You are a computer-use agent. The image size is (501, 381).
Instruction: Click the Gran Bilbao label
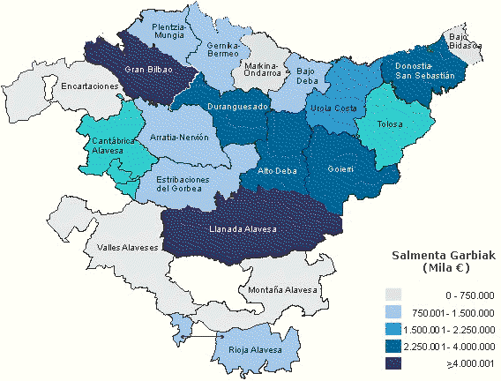coord(147,71)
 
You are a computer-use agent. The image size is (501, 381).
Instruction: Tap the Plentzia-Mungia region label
coord(168,32)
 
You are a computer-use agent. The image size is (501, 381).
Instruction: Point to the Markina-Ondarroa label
coord(262,70)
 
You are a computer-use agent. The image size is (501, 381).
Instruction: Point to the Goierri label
coord(340,168)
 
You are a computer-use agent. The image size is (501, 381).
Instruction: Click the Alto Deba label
coord(276,170)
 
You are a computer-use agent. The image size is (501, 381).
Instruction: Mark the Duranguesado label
coord(237,106)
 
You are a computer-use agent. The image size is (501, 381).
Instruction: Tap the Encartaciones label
coord(89,86)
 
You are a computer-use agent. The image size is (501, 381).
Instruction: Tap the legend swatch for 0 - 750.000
coord(393,295)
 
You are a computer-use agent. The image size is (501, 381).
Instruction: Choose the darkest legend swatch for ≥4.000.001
coord(393,362)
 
